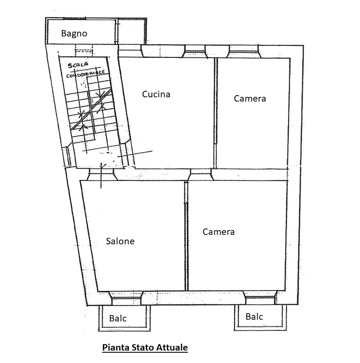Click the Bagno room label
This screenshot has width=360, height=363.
pos(74,34)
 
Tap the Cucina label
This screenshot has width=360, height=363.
pos(156,94)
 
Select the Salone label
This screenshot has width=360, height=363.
pos(120,241)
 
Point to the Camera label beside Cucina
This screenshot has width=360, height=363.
pos(250,99)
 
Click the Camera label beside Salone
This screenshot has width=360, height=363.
pos(218,232)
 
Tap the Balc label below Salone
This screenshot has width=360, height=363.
pos(118,318)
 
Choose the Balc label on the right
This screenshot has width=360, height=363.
pos(254,316)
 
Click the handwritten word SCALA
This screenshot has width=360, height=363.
pos(78,65)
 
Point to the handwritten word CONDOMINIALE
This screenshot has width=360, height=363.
pos(86,74)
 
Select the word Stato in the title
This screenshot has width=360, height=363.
pos(142,348)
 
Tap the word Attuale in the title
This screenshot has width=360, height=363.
pos(172,348)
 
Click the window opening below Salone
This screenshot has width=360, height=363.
pos(125,298)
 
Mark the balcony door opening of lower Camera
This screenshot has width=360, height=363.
pos(260,298)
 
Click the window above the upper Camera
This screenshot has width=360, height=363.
pos(244,51)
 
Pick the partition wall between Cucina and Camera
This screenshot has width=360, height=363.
pos(215,113)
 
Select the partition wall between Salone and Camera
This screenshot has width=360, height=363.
pos(186,236)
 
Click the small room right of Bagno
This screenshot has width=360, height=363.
pos(131,31)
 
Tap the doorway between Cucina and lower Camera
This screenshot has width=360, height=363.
pos(200,174)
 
